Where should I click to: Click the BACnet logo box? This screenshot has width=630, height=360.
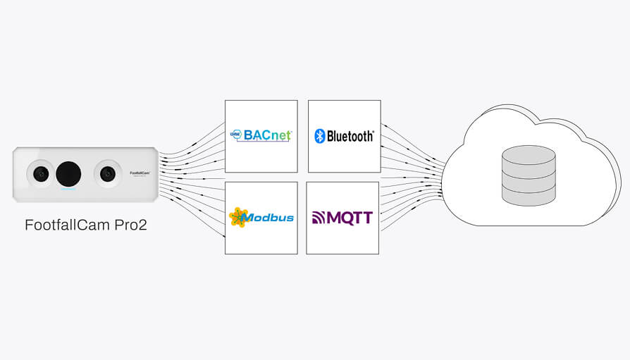point(261,136)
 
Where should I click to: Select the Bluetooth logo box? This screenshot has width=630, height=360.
point(345,136)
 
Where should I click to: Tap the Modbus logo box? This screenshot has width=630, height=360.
point(261,218)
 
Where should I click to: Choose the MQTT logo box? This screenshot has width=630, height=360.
point(342,218)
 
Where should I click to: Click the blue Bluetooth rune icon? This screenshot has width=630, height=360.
point(319,136)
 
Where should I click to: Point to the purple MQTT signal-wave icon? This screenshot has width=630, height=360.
point(319,218)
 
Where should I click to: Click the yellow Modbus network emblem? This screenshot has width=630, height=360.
point(239,217)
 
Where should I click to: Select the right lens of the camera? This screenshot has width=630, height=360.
point(107,173)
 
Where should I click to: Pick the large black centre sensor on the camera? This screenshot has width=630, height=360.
point(68,173)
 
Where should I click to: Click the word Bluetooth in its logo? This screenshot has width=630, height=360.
point(350,136)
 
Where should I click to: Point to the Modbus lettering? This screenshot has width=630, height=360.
point(271,218)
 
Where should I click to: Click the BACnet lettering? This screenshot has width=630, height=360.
point(267,135)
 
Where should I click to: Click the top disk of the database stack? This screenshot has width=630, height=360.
point(528,155)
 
